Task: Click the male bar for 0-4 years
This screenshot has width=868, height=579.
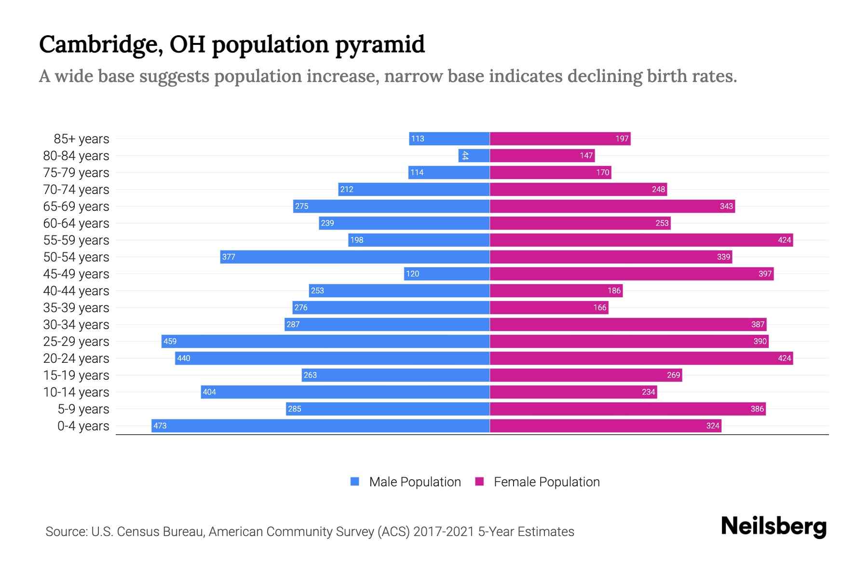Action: pos(321,426)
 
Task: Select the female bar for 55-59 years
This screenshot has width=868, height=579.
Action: pos(641,240)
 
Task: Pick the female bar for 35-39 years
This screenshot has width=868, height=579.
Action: pos(549,307)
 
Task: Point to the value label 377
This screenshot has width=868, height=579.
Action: pos(229,257)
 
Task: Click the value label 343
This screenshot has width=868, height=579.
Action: pos(726,206)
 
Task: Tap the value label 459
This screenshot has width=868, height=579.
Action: pos(170,341)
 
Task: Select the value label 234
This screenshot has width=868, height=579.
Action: pos(648,392)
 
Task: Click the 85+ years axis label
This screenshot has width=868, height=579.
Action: pos(81,139)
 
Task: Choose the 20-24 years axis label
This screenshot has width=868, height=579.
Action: pos(76,358)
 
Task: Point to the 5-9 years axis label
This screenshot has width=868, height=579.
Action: pos(83,409)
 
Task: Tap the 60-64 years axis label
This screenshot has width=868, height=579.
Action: pos(76,223)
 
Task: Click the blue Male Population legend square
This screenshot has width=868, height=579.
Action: pos(355,482)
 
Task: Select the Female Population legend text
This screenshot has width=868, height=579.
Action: pos(546,482)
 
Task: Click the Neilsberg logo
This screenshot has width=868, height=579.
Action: pos(773,526)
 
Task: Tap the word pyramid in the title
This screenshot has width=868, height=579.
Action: pos(380,45)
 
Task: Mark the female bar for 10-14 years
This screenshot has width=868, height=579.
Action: pos(573,392)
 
